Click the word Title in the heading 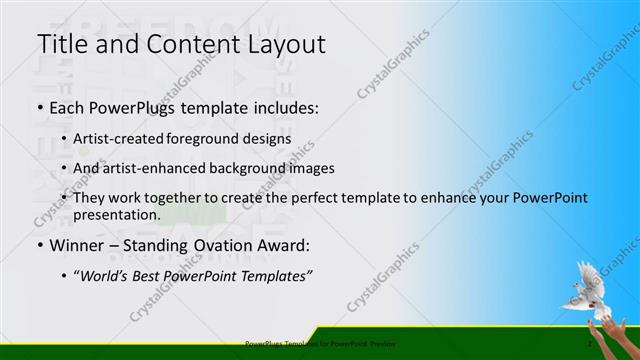(61, 44)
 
